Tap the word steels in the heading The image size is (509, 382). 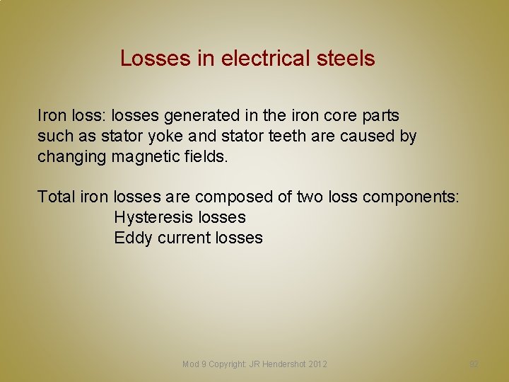tap(344, 58)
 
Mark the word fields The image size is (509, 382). tap(205, 156)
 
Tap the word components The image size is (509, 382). tap(410, 197)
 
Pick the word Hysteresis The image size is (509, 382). tap(154, 217)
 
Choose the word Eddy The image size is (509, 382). tap(133, 238)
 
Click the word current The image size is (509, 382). tap(182, 238)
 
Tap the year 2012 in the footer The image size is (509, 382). tap(317, 364)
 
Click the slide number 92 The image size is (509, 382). tap(474, 364)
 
